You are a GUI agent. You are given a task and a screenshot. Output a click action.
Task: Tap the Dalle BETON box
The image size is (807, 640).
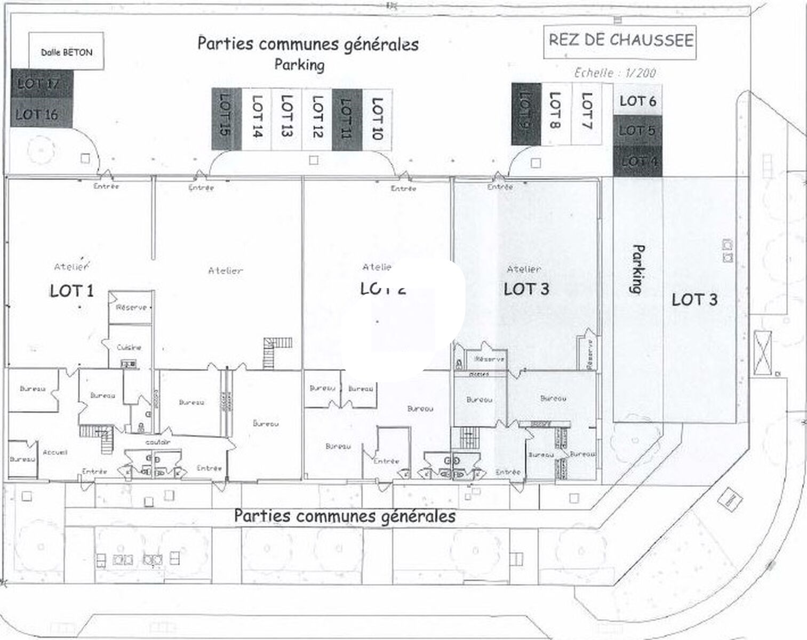pos(66,52)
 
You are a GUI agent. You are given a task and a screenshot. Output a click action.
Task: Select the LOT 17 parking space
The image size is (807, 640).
pos(42,84)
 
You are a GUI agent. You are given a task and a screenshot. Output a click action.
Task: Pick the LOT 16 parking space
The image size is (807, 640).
pos(41,114)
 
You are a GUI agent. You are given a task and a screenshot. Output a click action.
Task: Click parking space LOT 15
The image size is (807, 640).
pos(226,118)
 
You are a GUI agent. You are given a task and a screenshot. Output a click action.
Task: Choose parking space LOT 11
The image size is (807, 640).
pos(347,118)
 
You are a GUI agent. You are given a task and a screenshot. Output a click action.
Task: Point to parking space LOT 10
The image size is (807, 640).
pos(377,118)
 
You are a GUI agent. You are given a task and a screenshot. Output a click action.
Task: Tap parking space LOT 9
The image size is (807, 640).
pos(526,114)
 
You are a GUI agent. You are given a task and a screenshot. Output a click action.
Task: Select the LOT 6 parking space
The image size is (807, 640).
pos(637,100)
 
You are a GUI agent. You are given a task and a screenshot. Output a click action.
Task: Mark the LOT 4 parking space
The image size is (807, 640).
pos(637,161)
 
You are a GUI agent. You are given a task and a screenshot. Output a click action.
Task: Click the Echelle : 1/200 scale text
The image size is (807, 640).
pos(615,73)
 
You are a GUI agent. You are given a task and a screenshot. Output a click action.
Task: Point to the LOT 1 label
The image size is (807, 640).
pos(71,290)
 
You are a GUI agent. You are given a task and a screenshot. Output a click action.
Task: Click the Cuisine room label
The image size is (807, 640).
pos(129,347)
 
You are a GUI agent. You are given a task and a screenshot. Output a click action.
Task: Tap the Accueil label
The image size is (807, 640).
pos(55,452)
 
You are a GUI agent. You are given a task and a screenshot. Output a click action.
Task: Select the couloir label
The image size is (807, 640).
pos(158,442)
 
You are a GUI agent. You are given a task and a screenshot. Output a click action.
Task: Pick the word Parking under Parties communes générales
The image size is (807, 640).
pos(299,65)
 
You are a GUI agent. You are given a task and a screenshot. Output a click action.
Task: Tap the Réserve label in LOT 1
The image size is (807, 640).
pos(131,308)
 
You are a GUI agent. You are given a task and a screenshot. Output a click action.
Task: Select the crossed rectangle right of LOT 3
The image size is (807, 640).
pos(763,353)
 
